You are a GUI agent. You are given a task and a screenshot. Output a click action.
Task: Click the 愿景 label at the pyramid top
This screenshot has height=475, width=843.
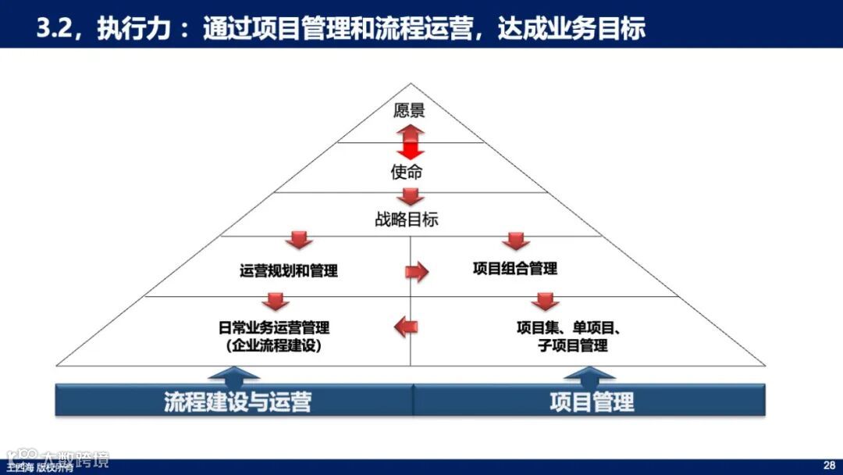(409, 110)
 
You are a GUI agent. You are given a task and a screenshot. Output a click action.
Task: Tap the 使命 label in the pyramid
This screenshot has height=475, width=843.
(407, 172)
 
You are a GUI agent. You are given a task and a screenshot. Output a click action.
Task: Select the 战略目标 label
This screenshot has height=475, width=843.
(407, 220)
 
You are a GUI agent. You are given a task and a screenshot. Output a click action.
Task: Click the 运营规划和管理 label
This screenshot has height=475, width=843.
(289, 271)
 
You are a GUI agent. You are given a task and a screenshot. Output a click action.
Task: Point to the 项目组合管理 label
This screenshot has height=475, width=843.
(515, 269)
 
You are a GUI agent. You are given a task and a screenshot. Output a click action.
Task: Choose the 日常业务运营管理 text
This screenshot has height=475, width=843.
(274, 327)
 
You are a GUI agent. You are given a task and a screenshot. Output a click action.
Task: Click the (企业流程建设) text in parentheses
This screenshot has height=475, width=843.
(273, 345)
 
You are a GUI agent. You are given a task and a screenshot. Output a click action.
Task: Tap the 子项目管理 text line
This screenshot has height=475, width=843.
(572, 345)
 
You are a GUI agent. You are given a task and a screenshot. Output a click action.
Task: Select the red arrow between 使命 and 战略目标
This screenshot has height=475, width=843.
(407, 195)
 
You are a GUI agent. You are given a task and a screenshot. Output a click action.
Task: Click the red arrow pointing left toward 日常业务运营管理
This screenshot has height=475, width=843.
(406, 326)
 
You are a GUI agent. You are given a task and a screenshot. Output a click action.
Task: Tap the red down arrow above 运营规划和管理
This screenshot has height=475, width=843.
(299, 241)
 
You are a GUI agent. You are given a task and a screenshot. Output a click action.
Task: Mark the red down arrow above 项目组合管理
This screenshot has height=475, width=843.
(516, 241)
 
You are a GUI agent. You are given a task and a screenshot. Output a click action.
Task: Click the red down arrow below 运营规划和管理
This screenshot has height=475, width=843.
(276, 300)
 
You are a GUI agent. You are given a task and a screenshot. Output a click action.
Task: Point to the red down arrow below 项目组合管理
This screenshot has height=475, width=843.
(545, 301)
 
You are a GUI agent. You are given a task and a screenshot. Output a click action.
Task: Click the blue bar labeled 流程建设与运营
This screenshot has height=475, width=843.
(235, 402)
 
